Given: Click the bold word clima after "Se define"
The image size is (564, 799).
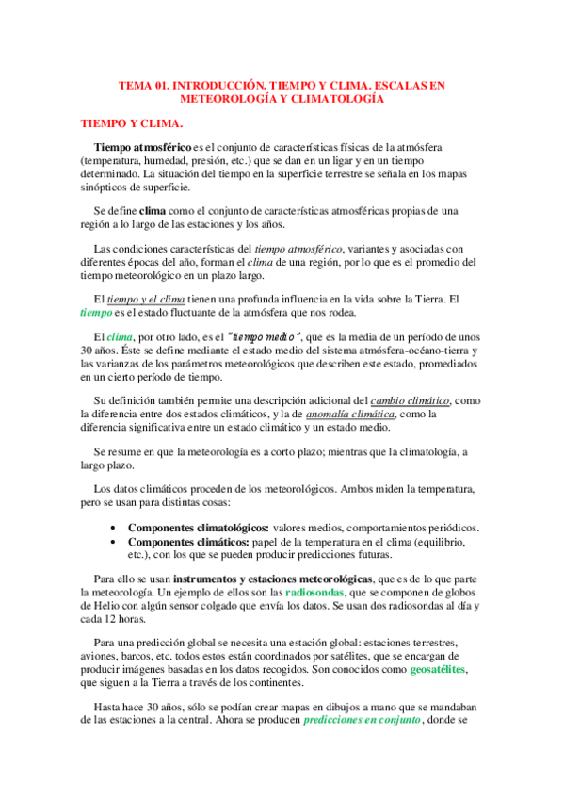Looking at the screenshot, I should tap(153, 211).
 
